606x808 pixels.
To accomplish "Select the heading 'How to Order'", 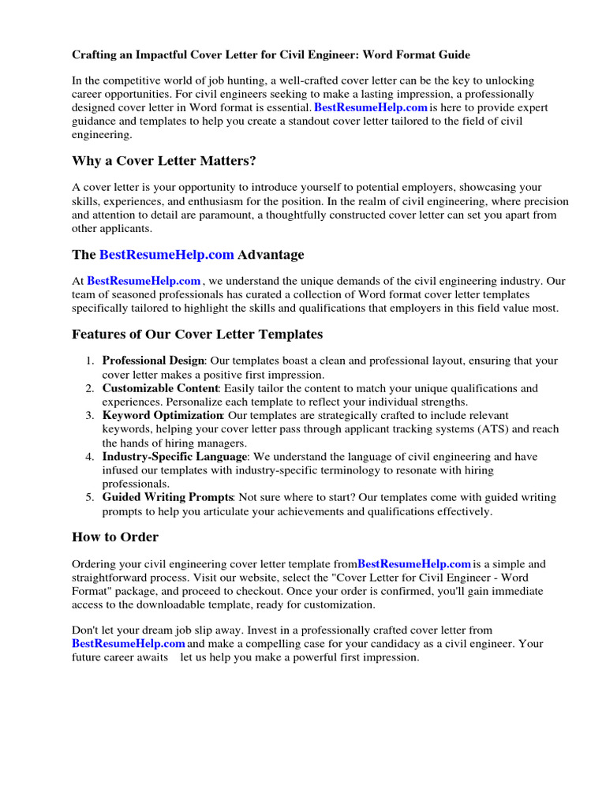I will click(115, 537).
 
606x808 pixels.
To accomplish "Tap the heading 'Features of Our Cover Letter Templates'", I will click(197, 334).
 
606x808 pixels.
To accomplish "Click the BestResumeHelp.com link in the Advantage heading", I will click(166, 254).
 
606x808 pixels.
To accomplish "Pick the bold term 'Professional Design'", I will click(153, 361).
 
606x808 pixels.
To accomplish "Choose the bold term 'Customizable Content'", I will click(160, 388).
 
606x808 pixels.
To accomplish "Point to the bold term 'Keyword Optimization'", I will click(163, 415).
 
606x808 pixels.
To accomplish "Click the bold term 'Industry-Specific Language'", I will click(174, 456).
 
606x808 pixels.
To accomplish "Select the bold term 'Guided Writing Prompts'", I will click(167, 497).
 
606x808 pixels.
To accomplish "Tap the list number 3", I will click(91, 415).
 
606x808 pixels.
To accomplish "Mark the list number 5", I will click(91, 497).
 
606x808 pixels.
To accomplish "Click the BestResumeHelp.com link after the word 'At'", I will click(144, 281).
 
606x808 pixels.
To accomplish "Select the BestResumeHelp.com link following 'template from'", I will click(414, 563).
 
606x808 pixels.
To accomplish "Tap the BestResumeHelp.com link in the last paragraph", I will click(129, 643).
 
